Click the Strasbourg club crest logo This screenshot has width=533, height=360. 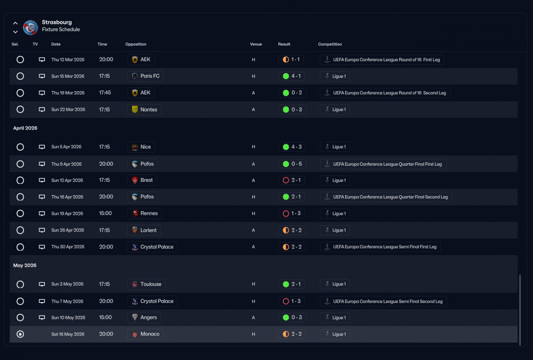[x=30, y=27]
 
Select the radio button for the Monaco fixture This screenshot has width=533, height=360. [x=20, y=334]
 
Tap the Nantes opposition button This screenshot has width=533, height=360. [x=144, y=109]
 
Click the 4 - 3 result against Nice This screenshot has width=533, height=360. [x=291, y=147]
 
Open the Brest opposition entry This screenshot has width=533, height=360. [x=142, y=180]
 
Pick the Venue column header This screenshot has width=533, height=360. [x=256, y=44]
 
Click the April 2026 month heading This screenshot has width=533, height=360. [x=25, y=128]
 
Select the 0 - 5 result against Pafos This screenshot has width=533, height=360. [x=291, y=164]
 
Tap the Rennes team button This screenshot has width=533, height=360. [x=144, y=214]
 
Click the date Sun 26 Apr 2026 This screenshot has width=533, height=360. [x=67, y=230]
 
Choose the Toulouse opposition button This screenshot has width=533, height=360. [x=146, y=284]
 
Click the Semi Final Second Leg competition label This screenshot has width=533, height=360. [x=383, y=301]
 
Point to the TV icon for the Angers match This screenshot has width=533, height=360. [x=42, y=318]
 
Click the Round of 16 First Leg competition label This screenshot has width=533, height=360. [x=382, y=60]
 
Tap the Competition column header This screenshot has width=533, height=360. [x=330, y=44]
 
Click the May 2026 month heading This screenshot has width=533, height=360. [x=25, y=266]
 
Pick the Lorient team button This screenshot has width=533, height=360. [x=144, y=230]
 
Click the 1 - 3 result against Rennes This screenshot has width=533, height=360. [x=291, y=214]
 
